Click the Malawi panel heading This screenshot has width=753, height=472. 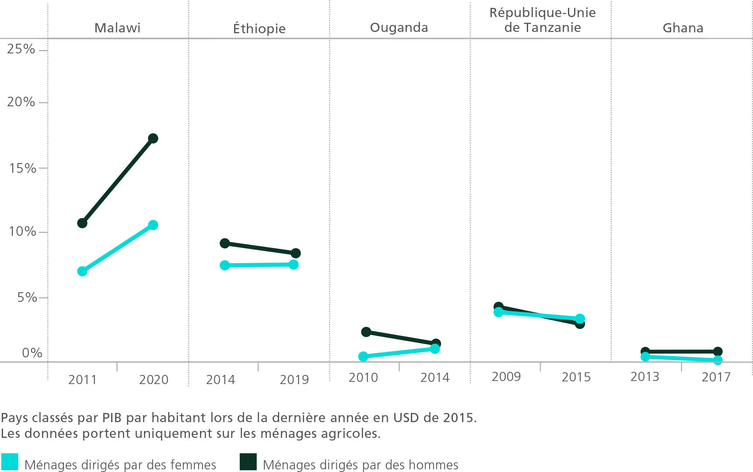[x=117, y=28]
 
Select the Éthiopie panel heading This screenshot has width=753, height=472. [x=259, y=29]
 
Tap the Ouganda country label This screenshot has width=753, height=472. [x=399, y=28]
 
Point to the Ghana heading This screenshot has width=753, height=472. [x=683, y=28]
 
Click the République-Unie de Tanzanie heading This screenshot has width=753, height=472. [x=543, y=20]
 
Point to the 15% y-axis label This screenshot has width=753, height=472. [x=23, y=168]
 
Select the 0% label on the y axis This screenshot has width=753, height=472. [x=32, y=353]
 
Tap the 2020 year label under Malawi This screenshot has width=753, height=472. [x=154, y=379]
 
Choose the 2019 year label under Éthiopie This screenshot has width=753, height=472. [x=294, y=379]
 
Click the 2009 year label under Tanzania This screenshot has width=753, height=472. [x=506, y=377]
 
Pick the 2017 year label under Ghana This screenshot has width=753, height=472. [x=716, y=377]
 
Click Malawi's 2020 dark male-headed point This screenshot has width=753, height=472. [x=153, y=139]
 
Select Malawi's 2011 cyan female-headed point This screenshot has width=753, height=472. [x=82, y=271]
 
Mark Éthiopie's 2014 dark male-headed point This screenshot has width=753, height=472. [x=225, y=243]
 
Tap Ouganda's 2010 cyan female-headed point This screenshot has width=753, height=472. [x=363, y=357]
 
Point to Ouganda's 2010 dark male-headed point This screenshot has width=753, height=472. [x=366, y=332]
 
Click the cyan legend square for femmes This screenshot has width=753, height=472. [x=10, y=462]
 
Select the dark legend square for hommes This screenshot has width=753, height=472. [x=248, y=462]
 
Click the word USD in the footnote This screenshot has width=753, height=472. [x=406, y=418]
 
